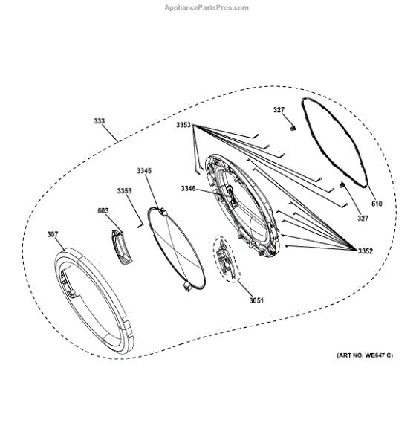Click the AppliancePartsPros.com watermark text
(x=207, y=7)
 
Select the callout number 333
(x=100, y=121)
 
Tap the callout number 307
(x=53, y=234)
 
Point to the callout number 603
(x=103, y=211)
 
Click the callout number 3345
(x=144, y=171)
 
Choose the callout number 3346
(x=188, y=189)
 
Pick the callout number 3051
(x=256, y=300)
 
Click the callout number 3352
(x=366, y=251)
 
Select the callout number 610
(x=377, y=204)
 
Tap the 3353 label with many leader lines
(x=183, y=125)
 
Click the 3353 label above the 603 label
(x=125, y=191)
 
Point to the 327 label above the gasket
(x=279, y=110)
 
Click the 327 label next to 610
(x=363, y=219)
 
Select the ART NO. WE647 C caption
(x=365, y=355)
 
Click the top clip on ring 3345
(x=163, y=212)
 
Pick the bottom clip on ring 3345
(x=188, y=287)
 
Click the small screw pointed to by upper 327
(x=293, y=129)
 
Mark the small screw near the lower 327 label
(x=342, y=185)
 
